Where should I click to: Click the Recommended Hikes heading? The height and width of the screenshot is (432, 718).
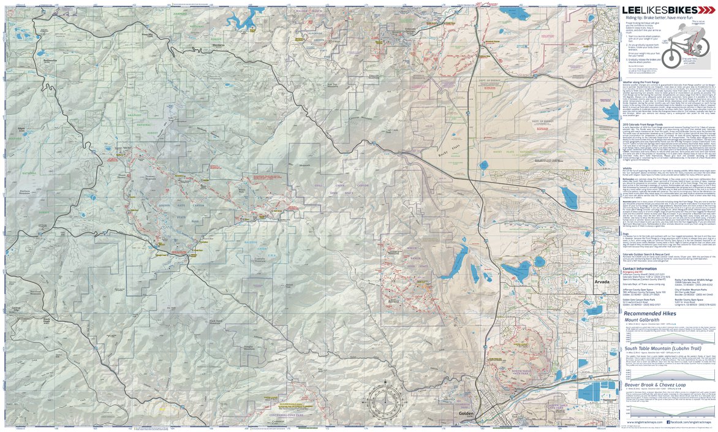(x=651, y=313)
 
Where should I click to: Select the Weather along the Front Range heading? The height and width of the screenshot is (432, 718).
(x=644, y=80)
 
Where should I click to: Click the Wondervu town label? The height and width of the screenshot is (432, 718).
(x=219, y=47)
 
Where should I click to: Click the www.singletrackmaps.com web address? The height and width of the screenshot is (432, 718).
(x=644, y=422)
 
